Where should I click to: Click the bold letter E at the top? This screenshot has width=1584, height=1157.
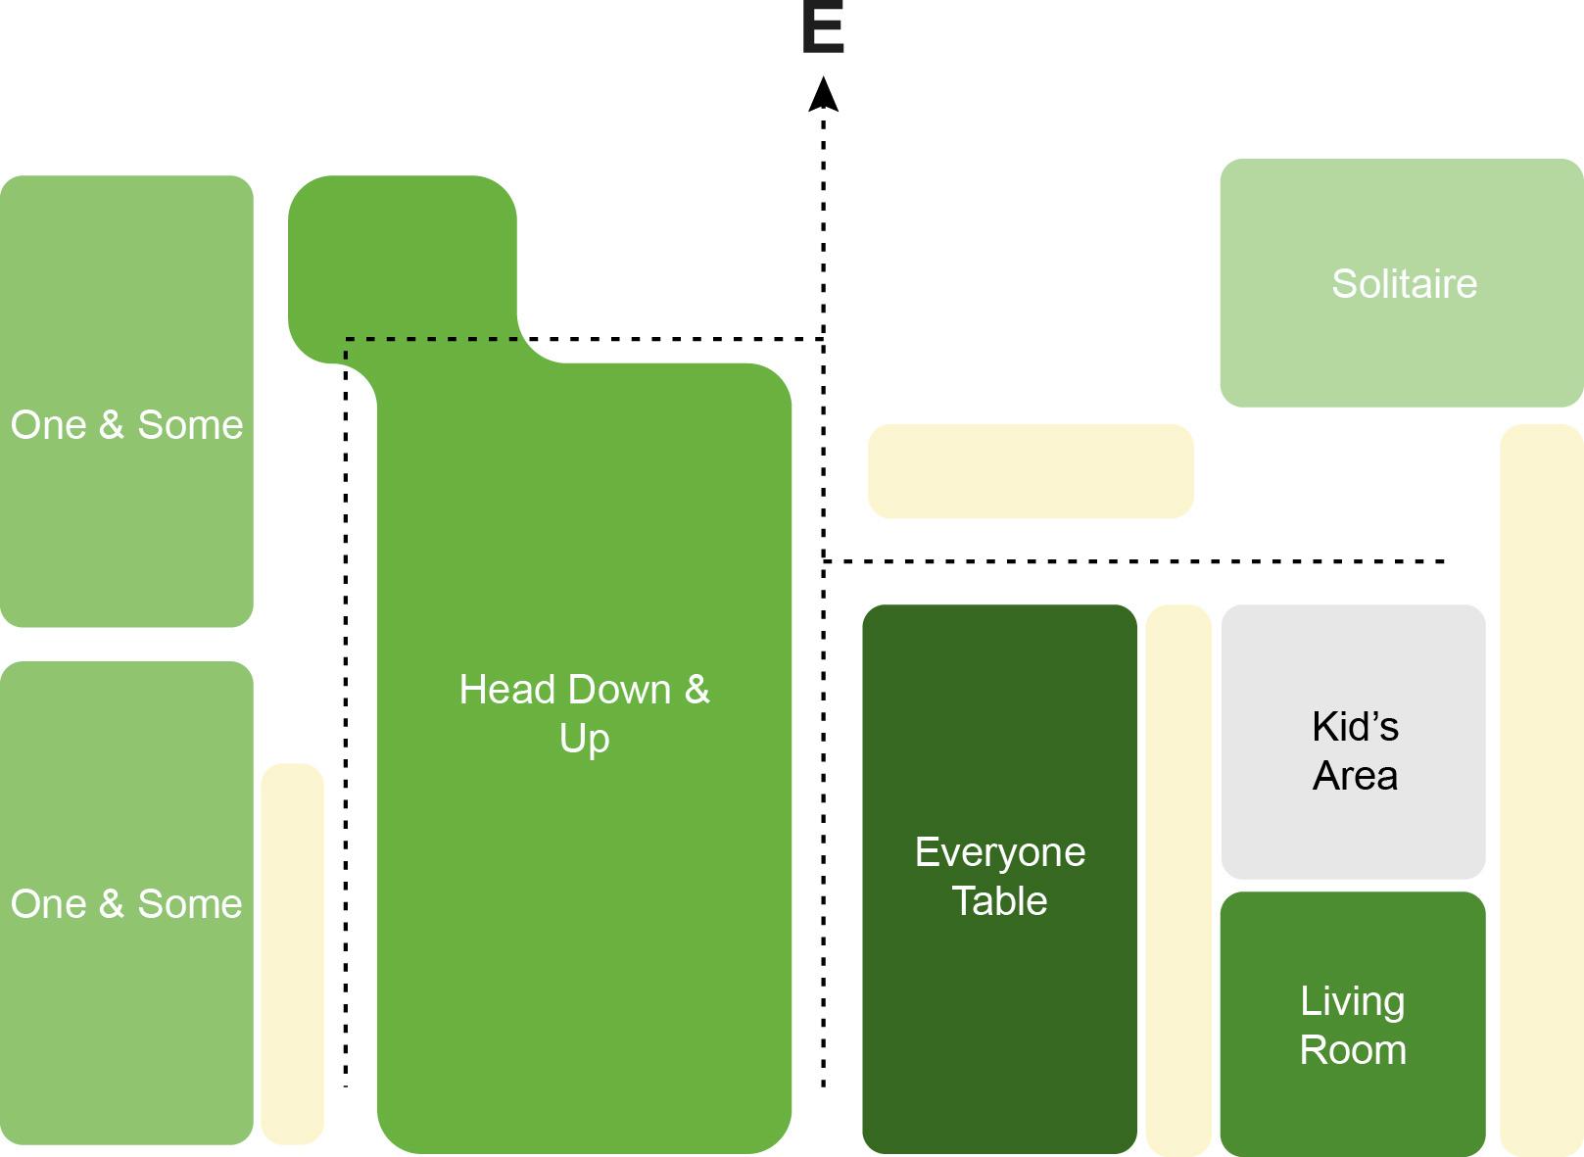point(822,28)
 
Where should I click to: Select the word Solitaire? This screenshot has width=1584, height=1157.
point(1404,284)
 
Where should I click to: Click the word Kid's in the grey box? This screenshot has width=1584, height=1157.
point(1355,727)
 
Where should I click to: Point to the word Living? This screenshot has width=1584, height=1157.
point(1352,1002)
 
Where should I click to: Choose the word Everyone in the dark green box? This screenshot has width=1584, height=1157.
point(999,852)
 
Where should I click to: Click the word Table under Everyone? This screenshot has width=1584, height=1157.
point(999,901)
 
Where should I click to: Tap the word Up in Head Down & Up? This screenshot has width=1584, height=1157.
point(584,739)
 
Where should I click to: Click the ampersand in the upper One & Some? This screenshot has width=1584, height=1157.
point(111,425)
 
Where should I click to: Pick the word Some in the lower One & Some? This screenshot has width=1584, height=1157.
point(189,904)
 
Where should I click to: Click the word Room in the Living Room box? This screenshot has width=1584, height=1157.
point(1353,1050)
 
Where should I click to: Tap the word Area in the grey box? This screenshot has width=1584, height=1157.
point(1355,776)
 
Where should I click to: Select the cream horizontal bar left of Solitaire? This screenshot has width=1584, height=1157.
point(1031,471)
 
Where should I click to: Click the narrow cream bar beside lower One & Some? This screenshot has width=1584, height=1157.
point(292,953)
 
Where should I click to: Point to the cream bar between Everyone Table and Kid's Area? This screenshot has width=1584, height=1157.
point(1177,880)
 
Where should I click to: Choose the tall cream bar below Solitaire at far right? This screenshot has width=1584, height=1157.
point(1540,789)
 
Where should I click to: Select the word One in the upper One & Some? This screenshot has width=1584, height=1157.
point(48,425)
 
